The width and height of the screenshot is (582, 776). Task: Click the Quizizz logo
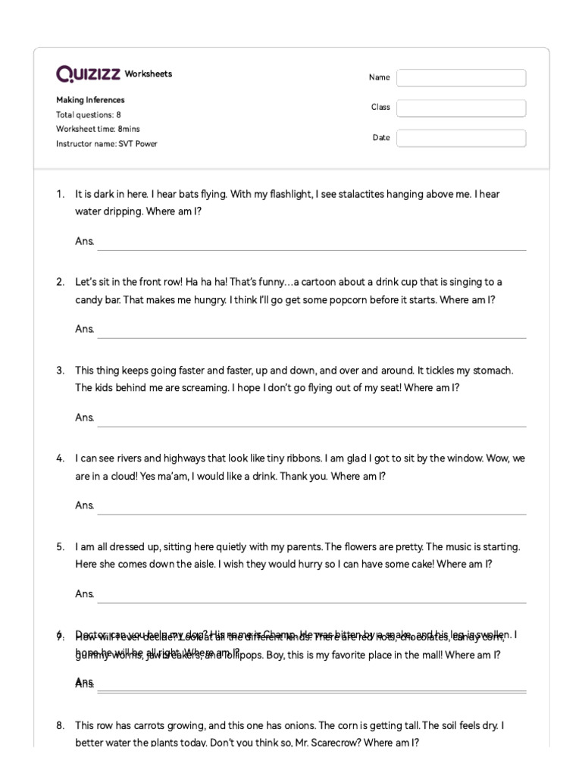tap(88, 74)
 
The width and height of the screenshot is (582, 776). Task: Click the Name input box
tap(461, 78)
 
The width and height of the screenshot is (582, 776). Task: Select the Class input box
tap(461, 108)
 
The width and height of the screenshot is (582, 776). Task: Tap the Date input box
tap(461, 138)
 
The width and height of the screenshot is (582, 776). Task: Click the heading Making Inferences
tap(90, 100)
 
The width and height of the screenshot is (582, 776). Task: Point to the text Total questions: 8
tap(89, 115)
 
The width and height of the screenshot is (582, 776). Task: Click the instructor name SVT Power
tap(137, 144)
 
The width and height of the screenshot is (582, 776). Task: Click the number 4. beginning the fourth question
tap(60, 458)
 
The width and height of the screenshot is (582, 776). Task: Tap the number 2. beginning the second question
tap(60, 282)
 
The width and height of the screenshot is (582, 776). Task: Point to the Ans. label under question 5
tap(85, 594)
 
